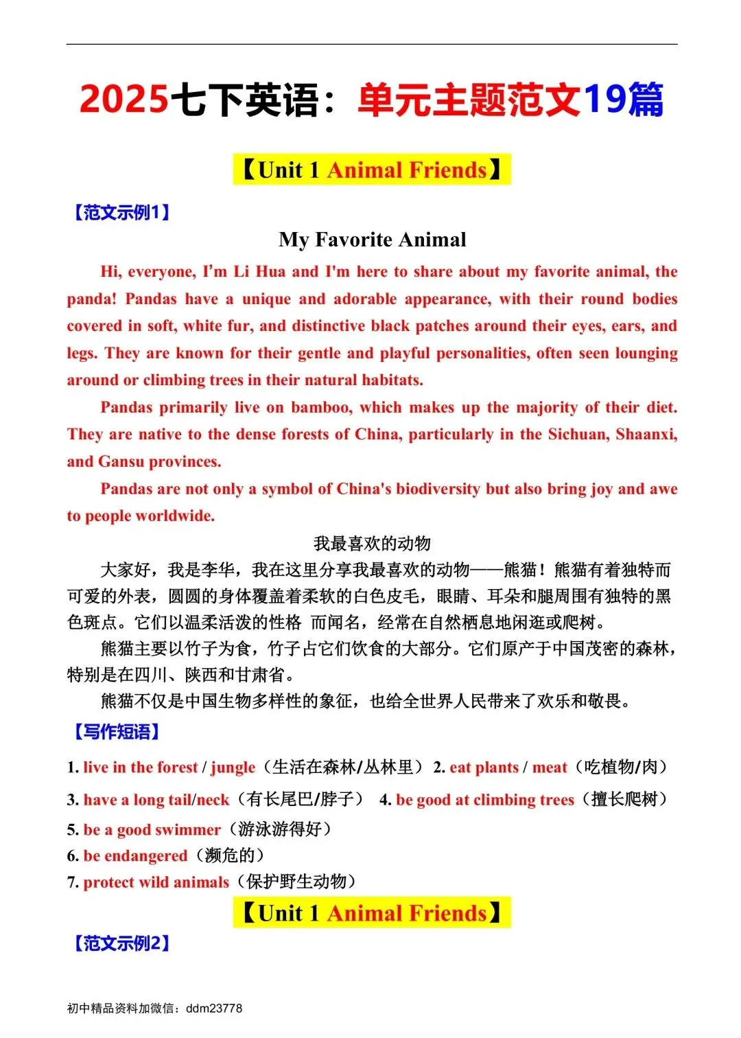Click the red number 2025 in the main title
(123, 99)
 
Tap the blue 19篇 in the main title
(623, 99)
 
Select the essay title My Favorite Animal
(372, 240)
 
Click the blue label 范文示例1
(121, 212)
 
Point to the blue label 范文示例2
(121, 943)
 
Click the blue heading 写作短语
(116, 732)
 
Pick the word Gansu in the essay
(121, 461)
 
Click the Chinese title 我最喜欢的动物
(372, 544)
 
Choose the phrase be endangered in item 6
(135, 855)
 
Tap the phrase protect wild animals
(156, 882)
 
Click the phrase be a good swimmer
(152, 829)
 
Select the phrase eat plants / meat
(508, 768)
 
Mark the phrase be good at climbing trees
(484, 800)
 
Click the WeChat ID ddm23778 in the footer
(214, 1008)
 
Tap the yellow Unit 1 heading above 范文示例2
(372, 913)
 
